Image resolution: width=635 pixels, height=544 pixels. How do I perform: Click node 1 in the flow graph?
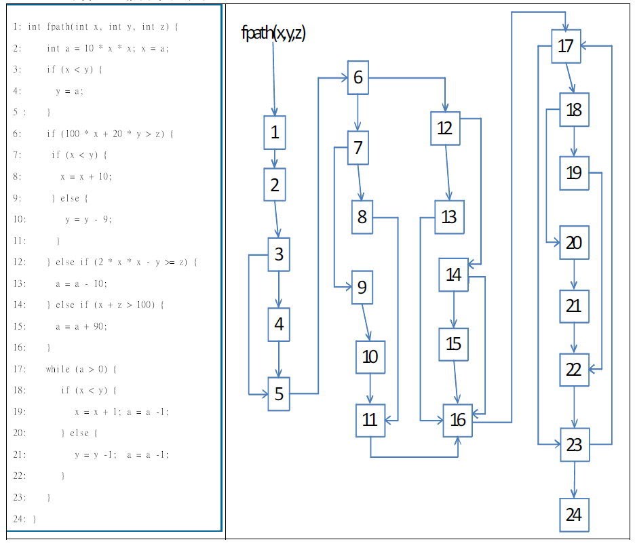point(274,133)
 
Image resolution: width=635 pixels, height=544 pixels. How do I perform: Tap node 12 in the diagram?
point(445,128)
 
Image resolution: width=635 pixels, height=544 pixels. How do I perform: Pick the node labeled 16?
point(458,420)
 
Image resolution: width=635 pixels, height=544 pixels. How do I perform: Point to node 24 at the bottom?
point(574,515)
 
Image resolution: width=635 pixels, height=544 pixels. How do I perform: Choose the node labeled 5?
point(279,393)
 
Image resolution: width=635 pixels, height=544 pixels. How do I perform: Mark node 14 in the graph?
point(453,275)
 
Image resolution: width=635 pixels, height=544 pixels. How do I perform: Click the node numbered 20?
point(574,242)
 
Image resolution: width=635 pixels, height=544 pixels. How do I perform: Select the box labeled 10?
point(370,357)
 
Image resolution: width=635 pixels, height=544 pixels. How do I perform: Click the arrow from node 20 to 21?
point(574,275)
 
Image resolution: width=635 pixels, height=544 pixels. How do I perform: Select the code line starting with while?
point(81,369)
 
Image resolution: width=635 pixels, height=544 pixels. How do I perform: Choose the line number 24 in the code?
point(16,519)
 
